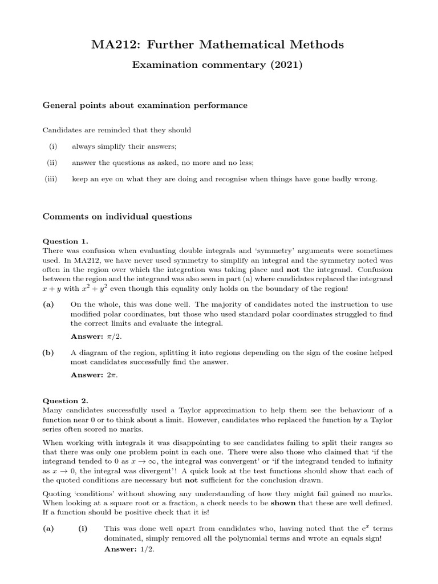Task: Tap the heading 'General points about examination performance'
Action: click(145, 105)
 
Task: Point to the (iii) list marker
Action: click(52, 179)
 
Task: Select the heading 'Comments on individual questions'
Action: click(117, 217)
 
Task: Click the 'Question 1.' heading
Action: click(66, 241)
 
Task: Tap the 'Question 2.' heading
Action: click(66, 401)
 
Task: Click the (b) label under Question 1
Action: click(48, 353)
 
